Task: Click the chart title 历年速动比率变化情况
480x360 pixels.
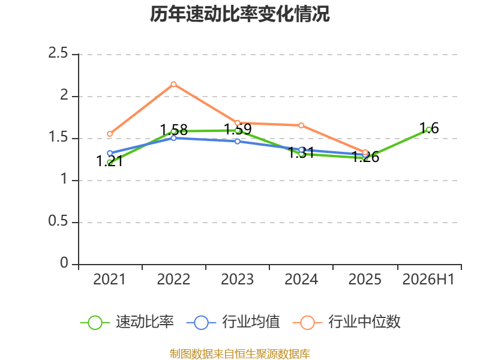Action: coord(239,14)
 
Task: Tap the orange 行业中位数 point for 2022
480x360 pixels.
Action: coord(173,84)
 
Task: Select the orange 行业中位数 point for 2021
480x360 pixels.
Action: coord(110,134)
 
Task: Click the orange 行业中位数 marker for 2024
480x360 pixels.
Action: coord(301,125)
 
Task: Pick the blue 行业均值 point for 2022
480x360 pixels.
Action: coord(173,138)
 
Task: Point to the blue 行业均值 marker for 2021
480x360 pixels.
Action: coord(110,153)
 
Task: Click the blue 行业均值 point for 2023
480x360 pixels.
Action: coord(238,142)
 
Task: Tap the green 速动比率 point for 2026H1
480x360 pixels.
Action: coord(429,130)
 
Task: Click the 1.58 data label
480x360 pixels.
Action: coord(173,130)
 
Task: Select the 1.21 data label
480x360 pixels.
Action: coord(110,161)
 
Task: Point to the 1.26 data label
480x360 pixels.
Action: coord(365,157)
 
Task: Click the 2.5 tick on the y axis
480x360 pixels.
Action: coord(58,53)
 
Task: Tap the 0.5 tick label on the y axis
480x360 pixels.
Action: coord(58,221)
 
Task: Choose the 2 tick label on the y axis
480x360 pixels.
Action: coord(64,95)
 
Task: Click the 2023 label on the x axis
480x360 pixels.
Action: coord(237,280)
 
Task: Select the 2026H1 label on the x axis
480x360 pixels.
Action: coord(428,280)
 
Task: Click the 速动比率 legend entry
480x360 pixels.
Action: coord(127,322)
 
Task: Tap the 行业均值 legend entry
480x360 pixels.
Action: coord(233,322)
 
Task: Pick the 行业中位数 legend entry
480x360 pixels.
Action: coord(347,322)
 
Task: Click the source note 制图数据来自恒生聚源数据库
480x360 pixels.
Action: coord(240,354)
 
